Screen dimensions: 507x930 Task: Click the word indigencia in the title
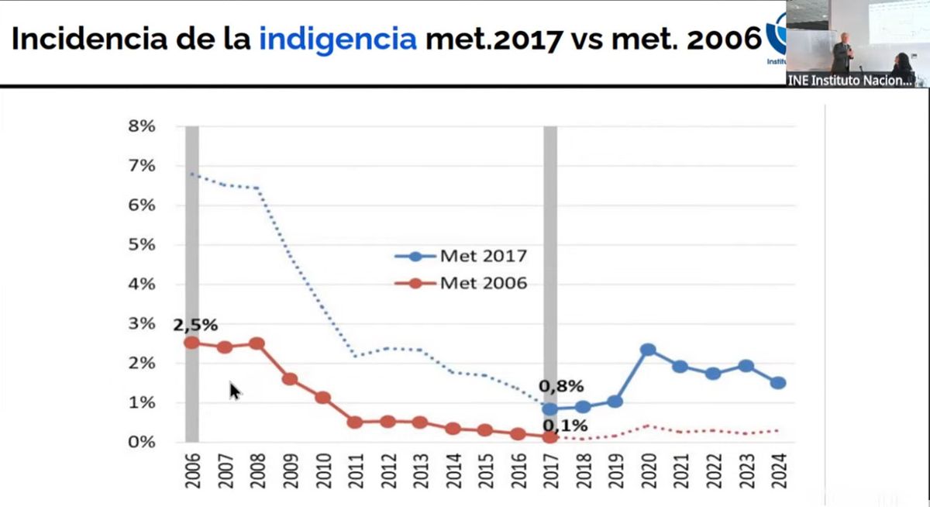click(337, 39)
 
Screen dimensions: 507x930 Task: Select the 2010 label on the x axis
click(323, 471)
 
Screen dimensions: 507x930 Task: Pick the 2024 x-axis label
click(778, 471)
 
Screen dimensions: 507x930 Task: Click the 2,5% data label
click(195, 325)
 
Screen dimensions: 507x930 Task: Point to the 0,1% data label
click(564, 425)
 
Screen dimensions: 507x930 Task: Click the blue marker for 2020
click(648, 350)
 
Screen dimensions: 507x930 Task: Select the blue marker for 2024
click(778, 383)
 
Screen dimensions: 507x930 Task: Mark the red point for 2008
click(257, 343)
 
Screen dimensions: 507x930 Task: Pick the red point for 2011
click(355, 422)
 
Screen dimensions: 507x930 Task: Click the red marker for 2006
click(191, 343)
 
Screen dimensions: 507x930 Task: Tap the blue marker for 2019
click(615, 402)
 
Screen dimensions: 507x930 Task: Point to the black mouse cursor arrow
click(235, 390)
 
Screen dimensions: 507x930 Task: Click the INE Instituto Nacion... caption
click(850, 81)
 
